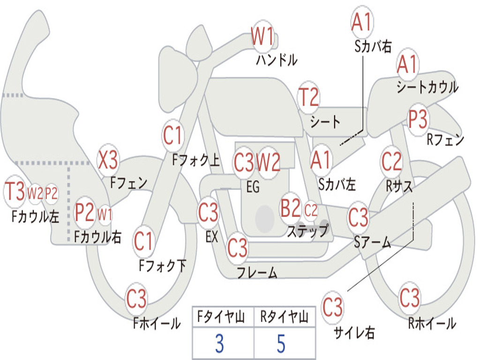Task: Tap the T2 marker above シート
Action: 308,97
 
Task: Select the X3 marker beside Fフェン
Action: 108,159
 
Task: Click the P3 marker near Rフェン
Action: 418,119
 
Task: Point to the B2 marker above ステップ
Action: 291,208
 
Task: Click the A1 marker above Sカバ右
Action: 362,22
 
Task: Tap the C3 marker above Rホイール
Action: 409,297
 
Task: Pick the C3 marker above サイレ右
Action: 332,307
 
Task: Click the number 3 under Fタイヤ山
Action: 219,344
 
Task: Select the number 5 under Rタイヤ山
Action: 281,344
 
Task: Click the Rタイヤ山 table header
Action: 285,317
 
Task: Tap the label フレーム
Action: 257,272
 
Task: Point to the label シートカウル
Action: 427,87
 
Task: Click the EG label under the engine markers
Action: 253,187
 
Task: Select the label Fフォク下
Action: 163,265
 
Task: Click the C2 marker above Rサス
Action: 391,161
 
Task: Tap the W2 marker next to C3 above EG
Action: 268,162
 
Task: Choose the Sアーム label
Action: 373,242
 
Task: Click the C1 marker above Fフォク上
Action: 173,135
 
